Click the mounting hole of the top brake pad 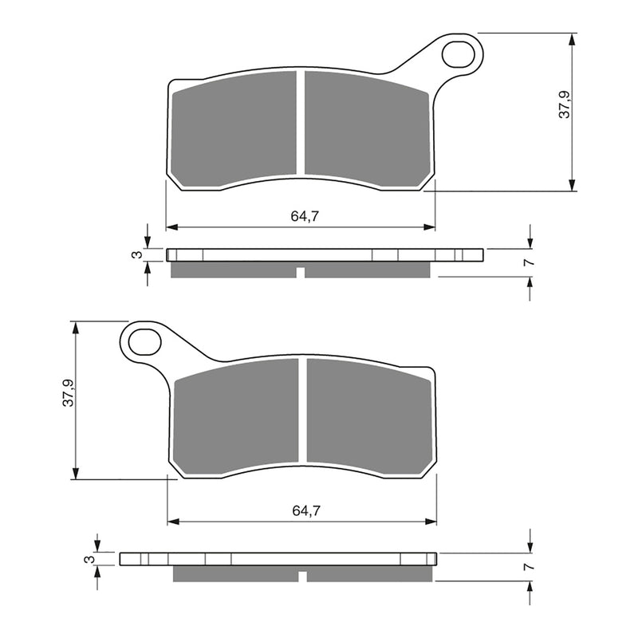pos(459,53)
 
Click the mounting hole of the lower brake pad pos(144,342)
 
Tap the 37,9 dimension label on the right pos(564,105)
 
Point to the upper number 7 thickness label pos(528,262)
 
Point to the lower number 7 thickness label pos(528,567)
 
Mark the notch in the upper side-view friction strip pos(301,273)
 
